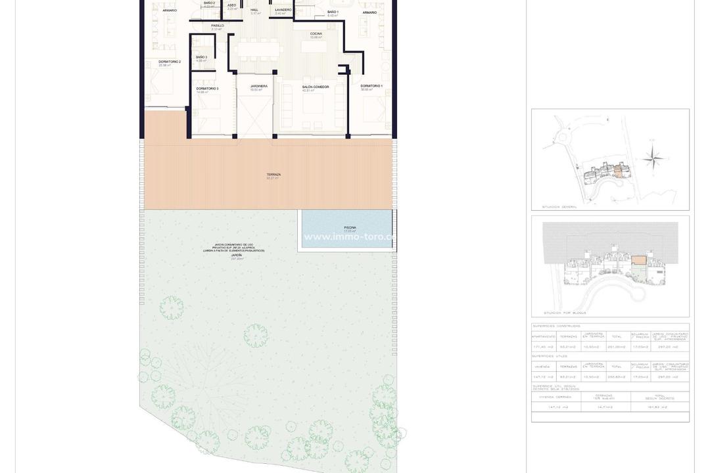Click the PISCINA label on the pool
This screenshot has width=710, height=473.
(349, 228)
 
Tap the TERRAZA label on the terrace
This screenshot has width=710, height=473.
(273, 175)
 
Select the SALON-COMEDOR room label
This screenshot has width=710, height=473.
(316, 87)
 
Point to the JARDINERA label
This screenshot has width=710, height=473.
(259, 87)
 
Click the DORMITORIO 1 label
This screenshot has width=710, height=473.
(371, 86)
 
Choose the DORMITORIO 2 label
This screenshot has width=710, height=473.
(170, 62)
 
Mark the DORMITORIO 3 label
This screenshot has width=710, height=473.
(207, 89)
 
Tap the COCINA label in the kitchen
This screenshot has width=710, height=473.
(316, 34)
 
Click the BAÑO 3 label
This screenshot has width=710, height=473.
(201, 58)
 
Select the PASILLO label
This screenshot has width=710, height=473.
(218, 26)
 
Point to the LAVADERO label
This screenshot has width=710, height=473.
(283, 10)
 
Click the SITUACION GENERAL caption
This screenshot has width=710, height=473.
(559, 207)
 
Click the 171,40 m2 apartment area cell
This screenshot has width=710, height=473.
(543, 347)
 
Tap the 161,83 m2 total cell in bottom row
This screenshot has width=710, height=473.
(659, 407)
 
